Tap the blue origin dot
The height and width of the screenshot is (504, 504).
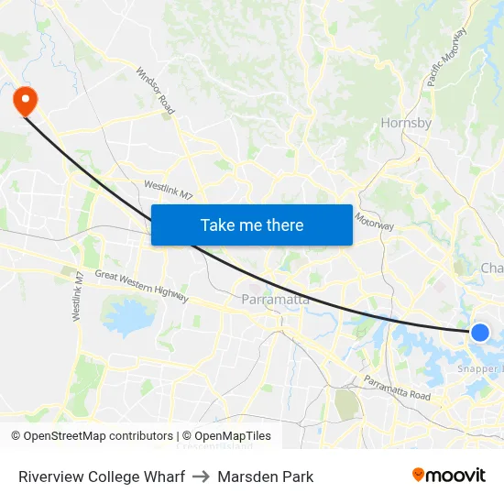coord(479,333)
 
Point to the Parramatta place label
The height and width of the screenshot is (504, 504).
coord(275,300)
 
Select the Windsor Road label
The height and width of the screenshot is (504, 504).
coord(155,90)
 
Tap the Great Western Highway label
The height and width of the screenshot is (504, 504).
coord(142,285)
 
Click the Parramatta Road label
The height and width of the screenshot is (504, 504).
coord(397,387)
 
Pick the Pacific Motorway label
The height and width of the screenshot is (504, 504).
coord(447,57)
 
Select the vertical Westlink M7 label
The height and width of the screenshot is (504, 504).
coord(79,296)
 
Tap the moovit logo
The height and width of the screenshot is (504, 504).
coord(449,476)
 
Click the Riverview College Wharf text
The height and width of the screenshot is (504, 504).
coord(102,477)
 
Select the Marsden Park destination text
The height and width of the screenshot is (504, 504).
coord(266,477)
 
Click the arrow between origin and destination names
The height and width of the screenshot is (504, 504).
coord(202,477)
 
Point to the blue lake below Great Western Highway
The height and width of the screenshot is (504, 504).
coord(128,315)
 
